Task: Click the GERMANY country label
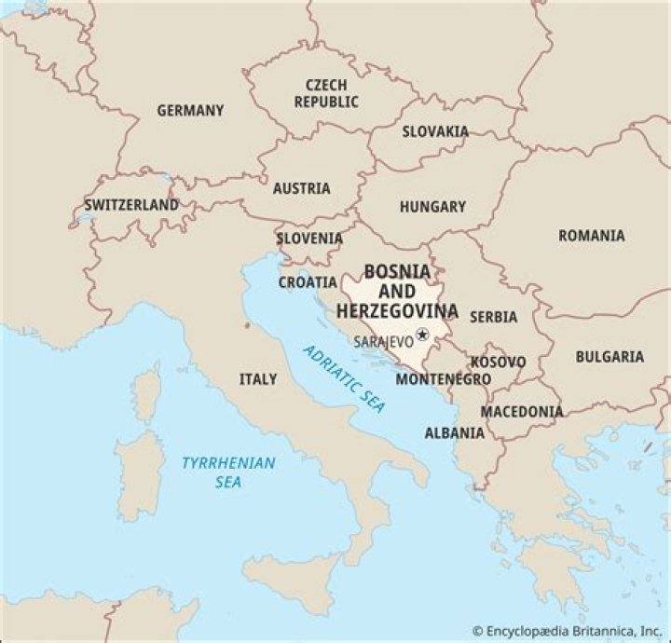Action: click(190, 110)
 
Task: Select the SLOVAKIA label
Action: click(435, 131)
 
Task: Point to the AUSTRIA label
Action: click(301, 188)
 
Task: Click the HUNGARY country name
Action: click(432, 207)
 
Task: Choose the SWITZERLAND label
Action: click(130, 204)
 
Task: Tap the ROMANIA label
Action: click(591, 236)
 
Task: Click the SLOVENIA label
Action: click(309, 239)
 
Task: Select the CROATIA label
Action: click(308, 281)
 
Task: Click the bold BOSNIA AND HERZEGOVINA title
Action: click(397, 291)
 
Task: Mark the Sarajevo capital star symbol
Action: click(422, 335)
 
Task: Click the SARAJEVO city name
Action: click(383, 341)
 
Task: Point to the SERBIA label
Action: click(493, 317)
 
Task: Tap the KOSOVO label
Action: click(498, 362)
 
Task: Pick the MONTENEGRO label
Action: click(443, 379)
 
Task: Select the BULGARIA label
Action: click(609, 356)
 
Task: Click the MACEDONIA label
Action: click(521, 411)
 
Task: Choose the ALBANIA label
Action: click(454, 432)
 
